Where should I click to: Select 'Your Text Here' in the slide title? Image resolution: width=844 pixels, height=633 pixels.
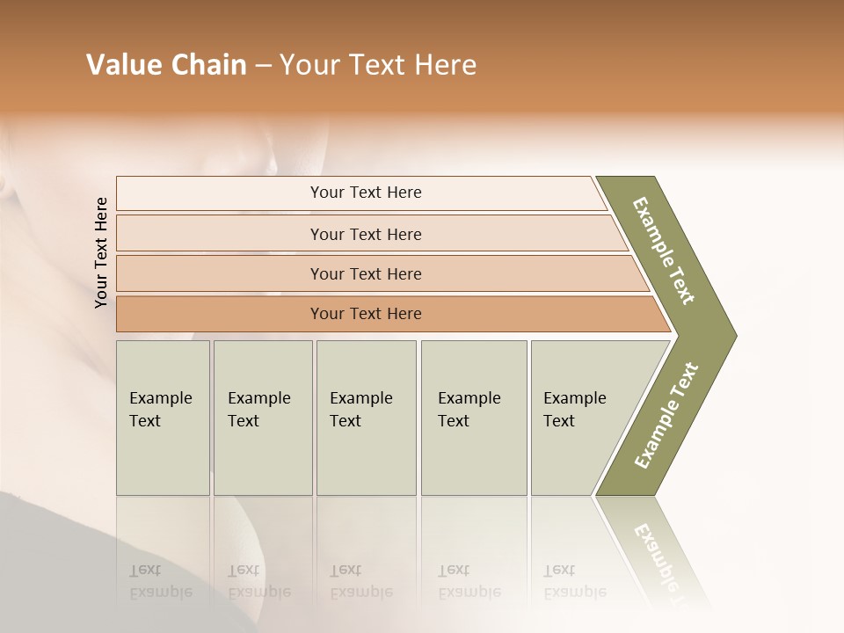tap(378, 65)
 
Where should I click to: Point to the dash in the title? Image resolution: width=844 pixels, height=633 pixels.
tap(263, 66)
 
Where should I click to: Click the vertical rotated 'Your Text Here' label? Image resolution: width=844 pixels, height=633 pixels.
tap(101, 252)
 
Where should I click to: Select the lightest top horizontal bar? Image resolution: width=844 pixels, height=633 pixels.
tap(366, 193)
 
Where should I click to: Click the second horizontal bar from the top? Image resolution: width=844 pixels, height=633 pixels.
tap(366, 234)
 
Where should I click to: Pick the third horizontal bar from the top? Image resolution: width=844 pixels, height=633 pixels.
tap(366, 273)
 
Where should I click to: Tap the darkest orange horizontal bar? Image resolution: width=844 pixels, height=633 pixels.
tap(366, 314)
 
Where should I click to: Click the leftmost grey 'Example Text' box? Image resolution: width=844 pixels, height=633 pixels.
tap(163, 418)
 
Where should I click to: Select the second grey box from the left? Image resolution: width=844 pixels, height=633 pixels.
tap(262, 418)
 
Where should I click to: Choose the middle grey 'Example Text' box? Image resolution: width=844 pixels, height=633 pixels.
tap(366, 418)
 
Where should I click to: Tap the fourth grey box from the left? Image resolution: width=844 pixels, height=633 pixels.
tap(473, 418)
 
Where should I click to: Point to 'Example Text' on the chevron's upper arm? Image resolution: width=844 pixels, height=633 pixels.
tap(664, 251)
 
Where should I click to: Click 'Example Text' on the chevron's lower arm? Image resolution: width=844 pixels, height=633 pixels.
tap(666, 416)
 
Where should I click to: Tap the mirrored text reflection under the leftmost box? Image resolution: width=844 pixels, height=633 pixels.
tap(160, 581)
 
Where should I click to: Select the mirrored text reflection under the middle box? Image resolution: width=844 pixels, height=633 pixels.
tap(360, 581)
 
